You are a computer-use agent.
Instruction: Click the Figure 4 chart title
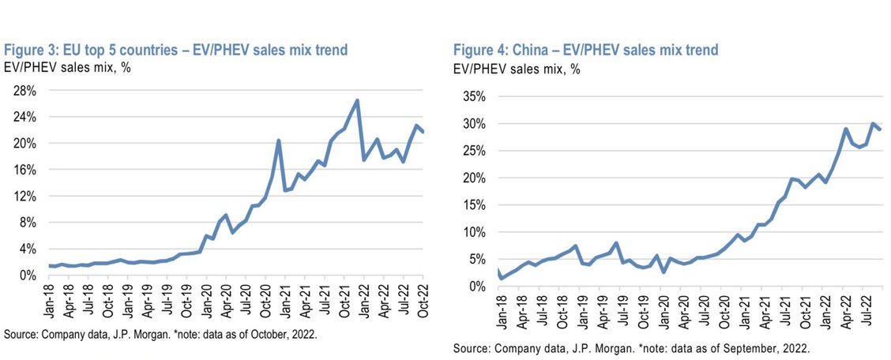585,51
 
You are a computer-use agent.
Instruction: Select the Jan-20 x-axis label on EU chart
207,302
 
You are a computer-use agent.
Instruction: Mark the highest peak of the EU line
357,100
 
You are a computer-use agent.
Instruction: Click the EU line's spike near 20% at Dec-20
279,141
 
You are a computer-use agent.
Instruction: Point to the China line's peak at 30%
872,124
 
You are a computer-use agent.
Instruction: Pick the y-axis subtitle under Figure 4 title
517,69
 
